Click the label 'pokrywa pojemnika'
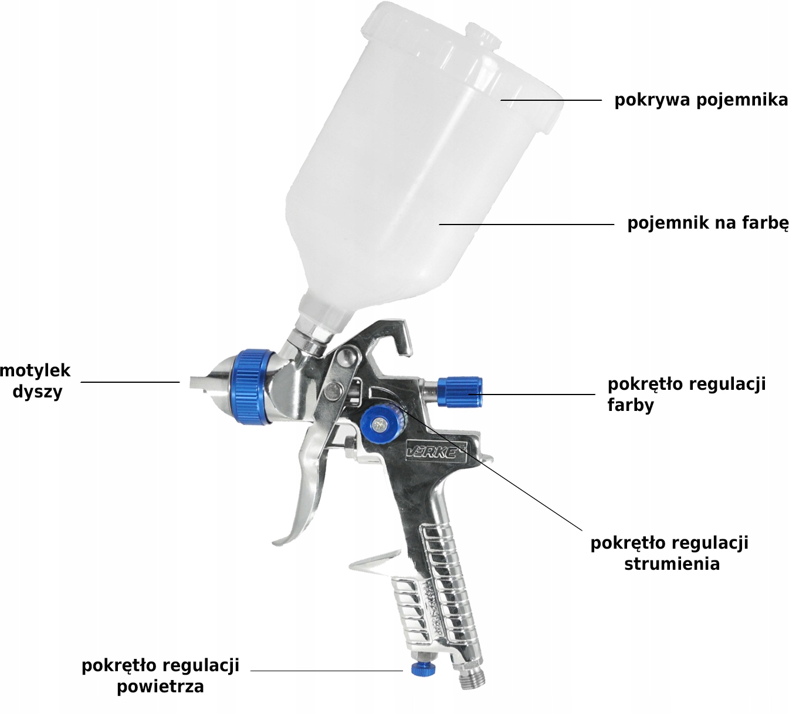[x=701, y=100]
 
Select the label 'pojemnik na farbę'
[x=707, y=223]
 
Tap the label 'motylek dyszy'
[x=36, y=381]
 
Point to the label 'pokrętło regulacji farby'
[x=687, y=395]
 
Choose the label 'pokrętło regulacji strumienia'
[x=669, y=553]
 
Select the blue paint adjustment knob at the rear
[x=460, y=392]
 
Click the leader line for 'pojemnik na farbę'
[x=526, y=225]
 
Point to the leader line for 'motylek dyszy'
[x=130, y=382]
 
